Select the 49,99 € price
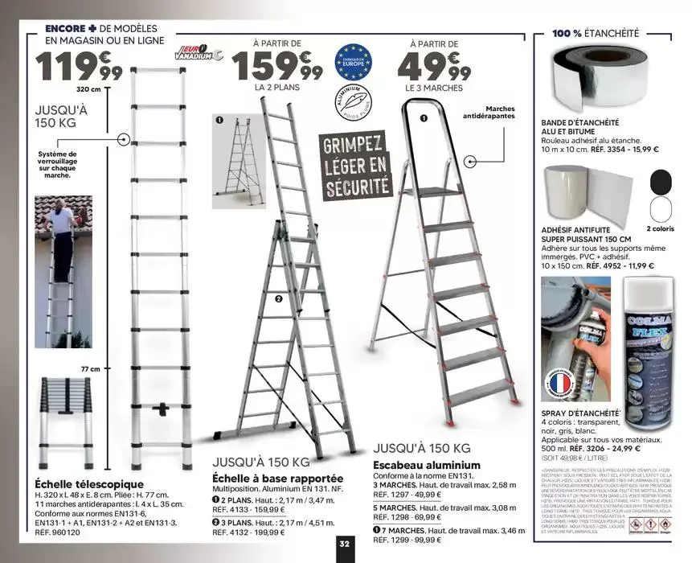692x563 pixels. [433, 64]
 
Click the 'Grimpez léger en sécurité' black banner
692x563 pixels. [354, 166]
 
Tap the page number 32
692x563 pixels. [345, 544]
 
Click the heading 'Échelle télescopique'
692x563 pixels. [89, 484]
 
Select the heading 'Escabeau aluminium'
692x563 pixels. [426, 465]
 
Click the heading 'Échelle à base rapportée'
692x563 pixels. [276, 478]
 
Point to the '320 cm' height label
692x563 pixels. [88, 90]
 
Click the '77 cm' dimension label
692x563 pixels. [90, 369]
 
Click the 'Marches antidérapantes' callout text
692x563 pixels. [489, 113]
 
